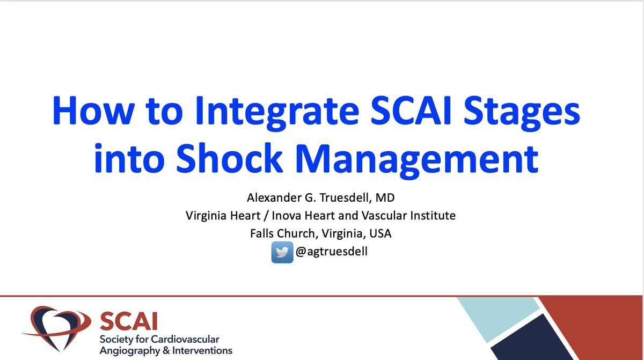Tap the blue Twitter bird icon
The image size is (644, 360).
click(x=282, y=252)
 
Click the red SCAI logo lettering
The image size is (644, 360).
click(x=122, y=322)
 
